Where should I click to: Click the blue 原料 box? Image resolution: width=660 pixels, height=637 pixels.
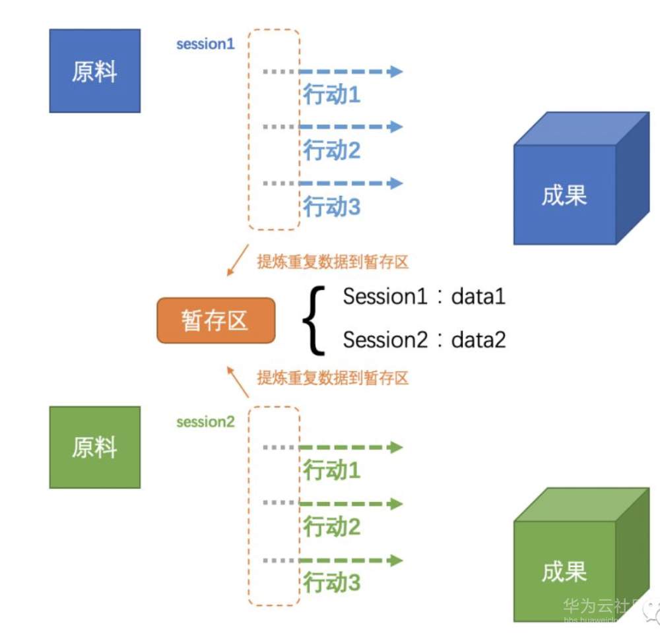pyautogui.click(x=94, y=71)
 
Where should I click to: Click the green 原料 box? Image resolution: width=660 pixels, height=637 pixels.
pyautogui.click(x=94, y=447)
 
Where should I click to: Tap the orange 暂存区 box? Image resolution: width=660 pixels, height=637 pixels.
pyautogui.click(x=215, y=320)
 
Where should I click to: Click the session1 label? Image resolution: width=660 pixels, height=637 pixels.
pyautogui.click(x=205, y=45)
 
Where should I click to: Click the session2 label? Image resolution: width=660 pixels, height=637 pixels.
pyautogui.click(x=205, y=422)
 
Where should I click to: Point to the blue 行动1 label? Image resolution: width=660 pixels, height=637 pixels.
pyautogui.click(x=332, y=95)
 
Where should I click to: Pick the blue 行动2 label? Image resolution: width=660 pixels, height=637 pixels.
pyautogui.click(x=332, y=151)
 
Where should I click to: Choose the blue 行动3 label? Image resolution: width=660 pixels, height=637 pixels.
pyautogui.click(x=332, y=207)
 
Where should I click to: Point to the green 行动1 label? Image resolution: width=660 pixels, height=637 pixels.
pyautogui.click(x=332, y=471)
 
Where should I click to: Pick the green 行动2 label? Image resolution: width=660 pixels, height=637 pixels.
pyautogui.click(x=332, y=527)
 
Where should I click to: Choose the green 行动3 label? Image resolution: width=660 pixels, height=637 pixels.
pyautogui.click(x=332, y=583)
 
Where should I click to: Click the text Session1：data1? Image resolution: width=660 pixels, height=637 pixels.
pyautogui.click(x=424, y=297)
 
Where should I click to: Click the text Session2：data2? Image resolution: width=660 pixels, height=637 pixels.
pyautogui.click(x=424, y=340)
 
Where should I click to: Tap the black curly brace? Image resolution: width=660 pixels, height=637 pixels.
pyautogui.click(x=314, y=318)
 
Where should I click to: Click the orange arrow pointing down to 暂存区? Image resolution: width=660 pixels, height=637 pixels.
pyautogui.click(x=237, y=261)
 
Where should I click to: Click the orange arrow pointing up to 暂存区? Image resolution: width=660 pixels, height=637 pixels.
pyautogui.click(x=237, y=382)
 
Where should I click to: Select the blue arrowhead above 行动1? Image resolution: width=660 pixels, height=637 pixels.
pyautogui.click(x=396, y=71)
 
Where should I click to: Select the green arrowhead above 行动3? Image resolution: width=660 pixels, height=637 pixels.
pyautogui.click(x=396, y=561)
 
